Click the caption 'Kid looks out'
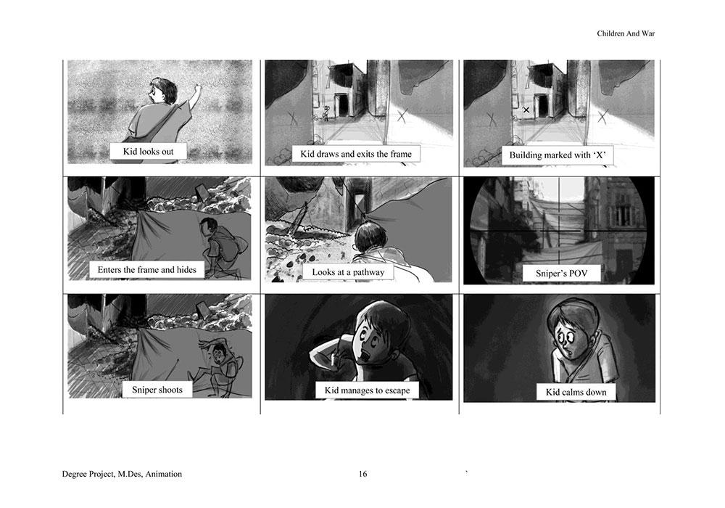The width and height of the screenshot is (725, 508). coord(148,151)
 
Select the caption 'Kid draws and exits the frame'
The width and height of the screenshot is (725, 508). coord(355,154)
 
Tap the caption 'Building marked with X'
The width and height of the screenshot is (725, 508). coord(557,155)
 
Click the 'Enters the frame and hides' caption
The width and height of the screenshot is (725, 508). coord(146,270)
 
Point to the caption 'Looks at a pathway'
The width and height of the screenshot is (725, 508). coord(348,272)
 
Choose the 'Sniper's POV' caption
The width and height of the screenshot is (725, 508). coord(561,274)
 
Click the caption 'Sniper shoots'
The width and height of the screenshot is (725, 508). coord(157,390)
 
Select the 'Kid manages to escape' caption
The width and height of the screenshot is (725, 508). coord(367,390)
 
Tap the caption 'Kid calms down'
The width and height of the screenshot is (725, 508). coord(576,393)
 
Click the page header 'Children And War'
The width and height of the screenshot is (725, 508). coord(626,33)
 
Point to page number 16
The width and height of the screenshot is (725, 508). coord(363,474)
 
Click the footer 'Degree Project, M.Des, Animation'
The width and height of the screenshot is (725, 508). coord(122,474)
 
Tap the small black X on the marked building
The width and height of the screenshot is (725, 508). coord(526,110)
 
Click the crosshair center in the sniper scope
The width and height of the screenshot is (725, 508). coord(560,230)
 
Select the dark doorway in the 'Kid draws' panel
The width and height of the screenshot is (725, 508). coord(343,105)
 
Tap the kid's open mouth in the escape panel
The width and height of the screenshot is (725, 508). coord(367,358)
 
